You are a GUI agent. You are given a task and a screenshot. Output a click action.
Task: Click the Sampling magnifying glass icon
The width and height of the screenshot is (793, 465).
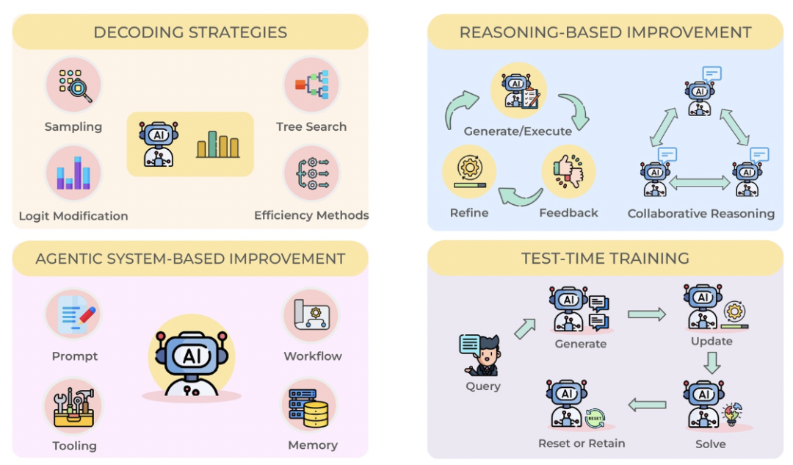coord(74,84)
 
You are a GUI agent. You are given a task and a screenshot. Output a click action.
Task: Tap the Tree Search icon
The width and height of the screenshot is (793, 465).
coord(311,84)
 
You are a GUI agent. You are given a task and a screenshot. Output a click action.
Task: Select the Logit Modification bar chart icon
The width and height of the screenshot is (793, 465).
coord(74,173)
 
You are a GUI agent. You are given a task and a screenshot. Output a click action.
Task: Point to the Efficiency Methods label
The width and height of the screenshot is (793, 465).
coord(311,215)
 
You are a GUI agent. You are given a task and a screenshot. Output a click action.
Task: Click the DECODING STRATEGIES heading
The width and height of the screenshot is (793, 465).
coord(190,32)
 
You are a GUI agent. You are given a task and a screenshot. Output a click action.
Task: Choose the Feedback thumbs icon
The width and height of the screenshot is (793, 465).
coord(568,172)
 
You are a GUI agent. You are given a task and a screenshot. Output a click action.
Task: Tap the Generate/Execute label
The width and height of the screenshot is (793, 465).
coord(518,131)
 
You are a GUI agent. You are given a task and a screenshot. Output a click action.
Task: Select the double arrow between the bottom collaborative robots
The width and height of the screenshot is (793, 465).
coord(700,182)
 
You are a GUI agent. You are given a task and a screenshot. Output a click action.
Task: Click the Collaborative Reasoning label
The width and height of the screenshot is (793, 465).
coord(701,214)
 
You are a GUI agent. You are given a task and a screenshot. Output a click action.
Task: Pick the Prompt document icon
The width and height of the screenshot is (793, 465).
coord(74,314)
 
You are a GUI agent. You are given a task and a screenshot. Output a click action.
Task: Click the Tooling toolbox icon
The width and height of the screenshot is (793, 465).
coord(74,406)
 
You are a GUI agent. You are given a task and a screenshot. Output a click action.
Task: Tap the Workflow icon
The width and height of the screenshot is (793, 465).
coord(311,314)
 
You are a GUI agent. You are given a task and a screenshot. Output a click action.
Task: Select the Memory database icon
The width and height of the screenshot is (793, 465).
coord(309,407)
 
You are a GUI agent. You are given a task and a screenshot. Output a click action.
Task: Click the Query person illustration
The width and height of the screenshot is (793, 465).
coord(480,356)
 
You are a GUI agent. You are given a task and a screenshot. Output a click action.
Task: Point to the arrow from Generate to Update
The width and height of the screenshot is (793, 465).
coord(647,314)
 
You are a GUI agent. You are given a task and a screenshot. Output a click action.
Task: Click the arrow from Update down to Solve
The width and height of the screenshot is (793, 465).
coord(712,363)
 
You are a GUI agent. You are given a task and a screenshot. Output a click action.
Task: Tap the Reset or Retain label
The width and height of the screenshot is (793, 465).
coord(582,443)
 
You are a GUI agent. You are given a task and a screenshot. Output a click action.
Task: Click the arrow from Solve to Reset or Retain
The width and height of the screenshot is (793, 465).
coord(647,405)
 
